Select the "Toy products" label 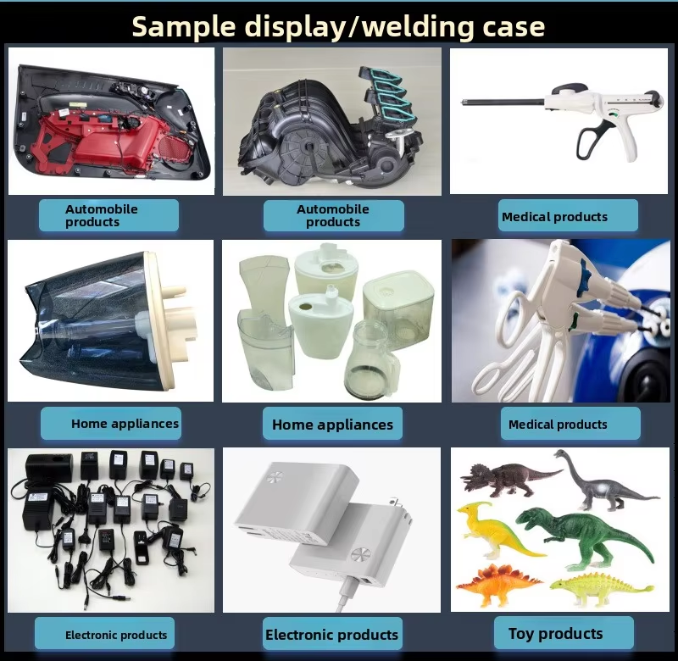coord(555,633)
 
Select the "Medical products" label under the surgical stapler coord(554,217)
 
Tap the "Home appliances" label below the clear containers coord(332,425)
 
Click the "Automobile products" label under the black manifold coord(333,215)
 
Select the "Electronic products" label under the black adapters coord(116,635)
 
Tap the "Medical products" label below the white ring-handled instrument coord(558,425)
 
